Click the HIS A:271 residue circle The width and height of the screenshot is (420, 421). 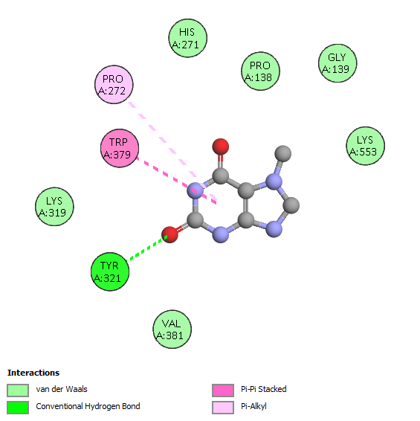pos(187,38)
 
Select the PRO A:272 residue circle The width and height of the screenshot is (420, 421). pos(114,84)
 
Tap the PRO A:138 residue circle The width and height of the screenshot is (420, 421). pos(260,71)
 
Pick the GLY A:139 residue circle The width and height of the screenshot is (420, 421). pos(337,63)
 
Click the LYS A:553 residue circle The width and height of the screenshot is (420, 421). pos(365,146)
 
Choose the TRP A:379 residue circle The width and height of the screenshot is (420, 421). pos(120,148)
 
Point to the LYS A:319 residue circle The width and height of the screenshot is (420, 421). pos(54,207)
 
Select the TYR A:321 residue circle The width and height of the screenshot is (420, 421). pos(110,271)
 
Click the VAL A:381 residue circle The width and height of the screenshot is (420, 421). pos(172,330)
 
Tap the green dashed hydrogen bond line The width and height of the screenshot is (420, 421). pos(148,248)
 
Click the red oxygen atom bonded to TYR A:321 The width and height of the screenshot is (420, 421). pos(170,234)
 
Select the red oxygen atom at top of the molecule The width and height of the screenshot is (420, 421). pos(220,147)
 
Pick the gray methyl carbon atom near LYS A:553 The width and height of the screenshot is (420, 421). pos(283,154)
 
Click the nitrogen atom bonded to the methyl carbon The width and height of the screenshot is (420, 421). pos(274,181)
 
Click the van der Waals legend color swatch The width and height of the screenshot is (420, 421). pos(18,390)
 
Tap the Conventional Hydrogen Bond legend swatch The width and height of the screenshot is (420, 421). pos(18,408)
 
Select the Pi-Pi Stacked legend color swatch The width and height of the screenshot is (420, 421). pos(223,390)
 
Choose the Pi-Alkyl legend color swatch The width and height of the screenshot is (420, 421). pos(223,408)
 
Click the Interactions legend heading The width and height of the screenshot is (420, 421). pos(33,373)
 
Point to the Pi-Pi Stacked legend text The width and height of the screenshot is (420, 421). pos(264,389)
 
